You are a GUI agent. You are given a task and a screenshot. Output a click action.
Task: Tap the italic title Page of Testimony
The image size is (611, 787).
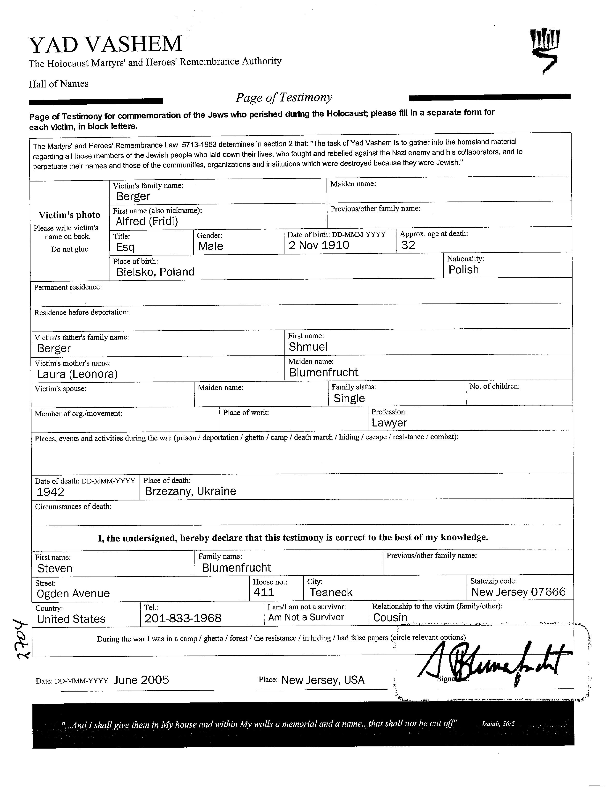click(x=284, y=97)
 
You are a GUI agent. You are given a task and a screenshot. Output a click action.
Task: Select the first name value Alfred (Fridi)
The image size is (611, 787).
click(x=147, y=221)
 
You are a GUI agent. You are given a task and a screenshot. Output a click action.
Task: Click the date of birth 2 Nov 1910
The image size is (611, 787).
click(x=319, y=245)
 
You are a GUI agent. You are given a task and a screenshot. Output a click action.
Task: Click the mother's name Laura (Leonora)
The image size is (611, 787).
click(x=77, y=374)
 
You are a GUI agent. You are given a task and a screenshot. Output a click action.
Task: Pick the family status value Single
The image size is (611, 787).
click(x=349, y=398)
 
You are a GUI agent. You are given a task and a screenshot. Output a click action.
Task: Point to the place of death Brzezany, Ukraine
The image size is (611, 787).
click(x=190, y=491)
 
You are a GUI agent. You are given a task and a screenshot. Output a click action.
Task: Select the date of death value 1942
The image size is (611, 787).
click(x=51, y=492)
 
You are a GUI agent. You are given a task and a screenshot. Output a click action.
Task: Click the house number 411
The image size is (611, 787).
click(x=264, y=592)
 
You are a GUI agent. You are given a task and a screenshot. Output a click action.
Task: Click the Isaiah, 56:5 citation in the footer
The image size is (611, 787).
click(x=498, y=723)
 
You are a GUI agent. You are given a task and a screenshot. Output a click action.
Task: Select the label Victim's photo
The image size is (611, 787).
click(x=70, y=215)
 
